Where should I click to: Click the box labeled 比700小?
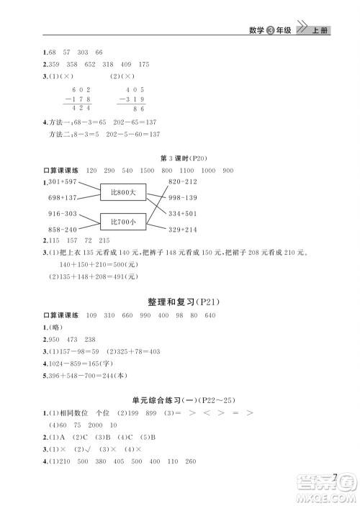coord(123,222)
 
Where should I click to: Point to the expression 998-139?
coord(183,197)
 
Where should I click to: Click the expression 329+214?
coord(183,229)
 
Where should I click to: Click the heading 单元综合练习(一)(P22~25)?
coord(179,399)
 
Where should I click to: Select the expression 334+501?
coord(183,213)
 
